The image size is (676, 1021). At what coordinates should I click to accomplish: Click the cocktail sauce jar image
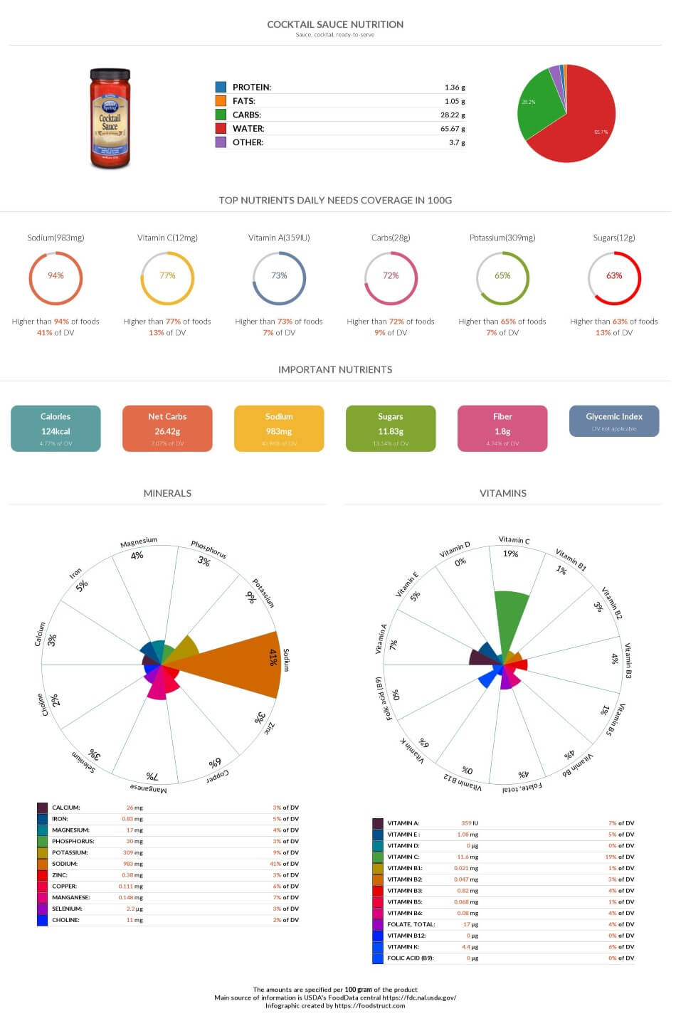[110, 118]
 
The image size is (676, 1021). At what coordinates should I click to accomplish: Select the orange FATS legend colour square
[221, 101]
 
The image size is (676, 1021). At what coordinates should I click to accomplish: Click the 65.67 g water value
[452, 129]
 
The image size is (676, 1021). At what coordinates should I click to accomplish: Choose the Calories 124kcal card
[56, 428]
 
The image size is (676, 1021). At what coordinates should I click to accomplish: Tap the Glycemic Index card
[613, 421]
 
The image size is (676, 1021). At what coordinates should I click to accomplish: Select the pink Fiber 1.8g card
[502, 428]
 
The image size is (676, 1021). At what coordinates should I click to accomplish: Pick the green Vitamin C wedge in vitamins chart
[511, 618]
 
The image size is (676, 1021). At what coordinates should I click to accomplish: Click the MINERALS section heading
[167, 493]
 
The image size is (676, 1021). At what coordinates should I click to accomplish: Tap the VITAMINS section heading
[502, 493]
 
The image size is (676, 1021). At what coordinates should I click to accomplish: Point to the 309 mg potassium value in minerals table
[132, 852]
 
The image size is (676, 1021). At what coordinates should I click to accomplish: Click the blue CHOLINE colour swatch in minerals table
[42, 920]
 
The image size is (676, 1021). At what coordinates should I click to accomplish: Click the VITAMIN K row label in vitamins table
[403, 947]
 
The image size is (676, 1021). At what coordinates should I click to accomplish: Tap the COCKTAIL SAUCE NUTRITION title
[335, 24]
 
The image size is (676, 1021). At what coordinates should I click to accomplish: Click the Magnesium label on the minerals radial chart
[138, 543]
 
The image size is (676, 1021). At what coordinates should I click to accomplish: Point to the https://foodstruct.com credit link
[369, 1005]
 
